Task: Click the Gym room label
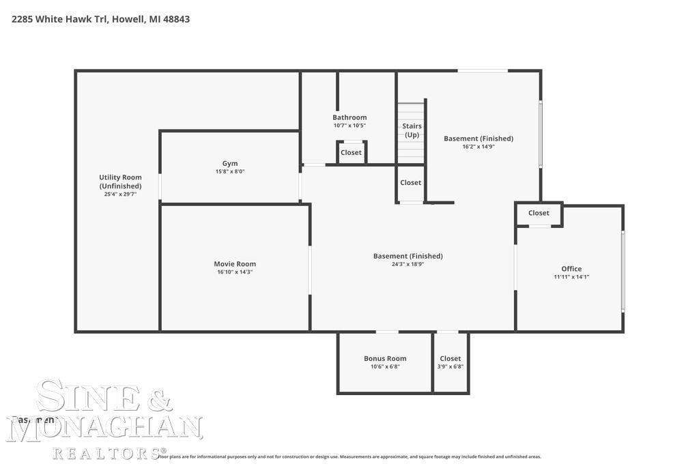pos(230,164)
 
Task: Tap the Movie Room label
pos(235,264)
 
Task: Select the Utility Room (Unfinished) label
pos(120,181)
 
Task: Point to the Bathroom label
pos(349,117)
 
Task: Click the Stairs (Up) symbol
pos(412,130)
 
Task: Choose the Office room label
pos(571,269)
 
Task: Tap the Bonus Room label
pos(385,359)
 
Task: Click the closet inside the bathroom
pos(351,152)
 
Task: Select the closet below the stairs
pos(411,183)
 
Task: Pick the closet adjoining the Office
pos(539,213)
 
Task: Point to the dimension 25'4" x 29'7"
pos(120,194)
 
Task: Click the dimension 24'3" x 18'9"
pos(408,264)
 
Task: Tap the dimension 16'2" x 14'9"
pos(479,146)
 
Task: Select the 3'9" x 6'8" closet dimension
pos(451,366)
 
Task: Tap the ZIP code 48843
pos(176,19)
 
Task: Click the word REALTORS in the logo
pos(106,452)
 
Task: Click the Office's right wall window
pos(623,271)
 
